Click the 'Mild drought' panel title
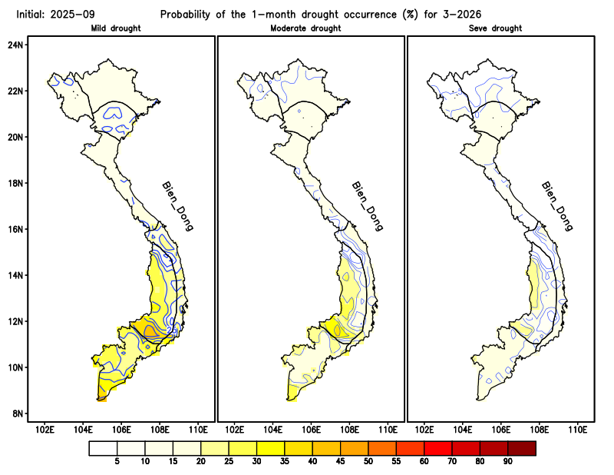click(121, 28)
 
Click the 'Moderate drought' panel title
click(306, 28)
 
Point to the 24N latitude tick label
click(15, 45)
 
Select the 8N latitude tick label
click(15, 414)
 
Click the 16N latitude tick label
click(15, 229)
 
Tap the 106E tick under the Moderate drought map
click(312, 429)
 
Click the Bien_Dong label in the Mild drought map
click(177, 206)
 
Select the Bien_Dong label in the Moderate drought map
click(367, 206)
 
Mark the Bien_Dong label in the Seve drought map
click(557, 206)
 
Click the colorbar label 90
click(507, 461)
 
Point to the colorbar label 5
click(117, 461)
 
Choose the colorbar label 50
click(368, 461)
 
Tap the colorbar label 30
click(256, 461)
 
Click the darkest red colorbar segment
click(521, 447)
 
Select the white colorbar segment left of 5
click(103, 447)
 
